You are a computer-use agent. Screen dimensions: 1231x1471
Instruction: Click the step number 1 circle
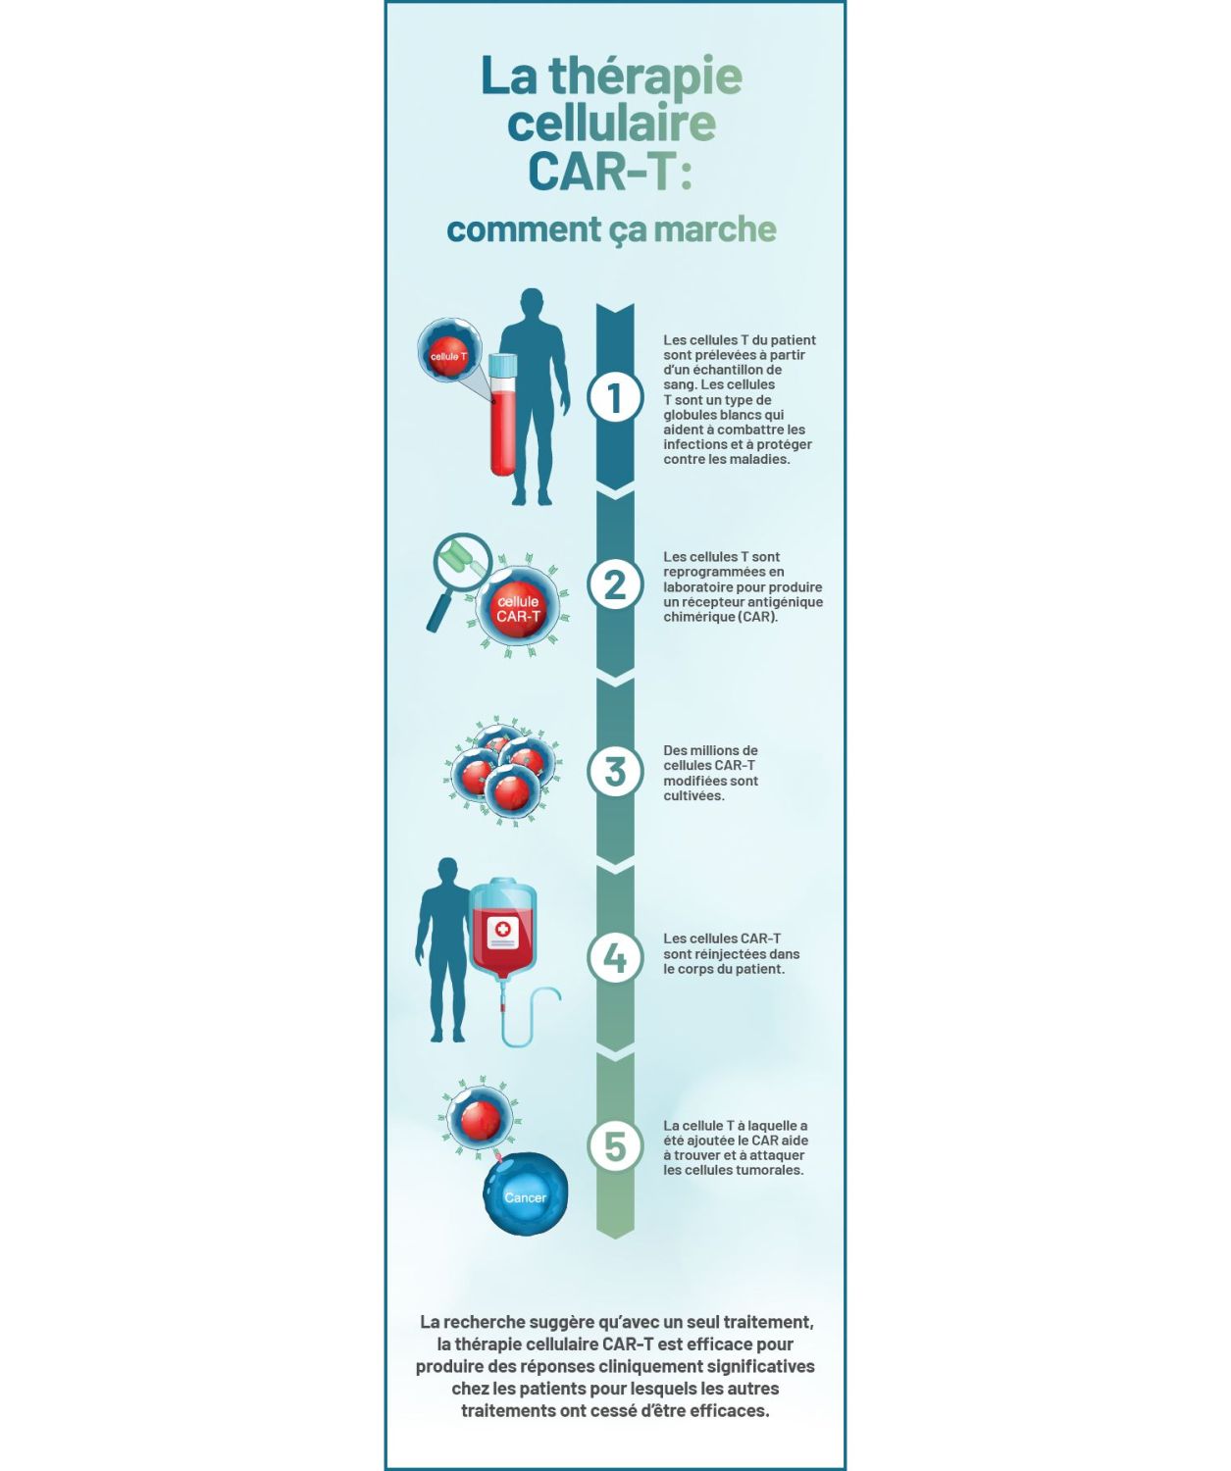coord(614,397)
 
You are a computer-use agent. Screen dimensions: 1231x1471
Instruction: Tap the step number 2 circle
coord(614,584)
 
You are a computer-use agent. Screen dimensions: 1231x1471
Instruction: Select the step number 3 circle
coord(614,772)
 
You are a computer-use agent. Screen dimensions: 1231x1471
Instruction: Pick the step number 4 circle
coord(614,958)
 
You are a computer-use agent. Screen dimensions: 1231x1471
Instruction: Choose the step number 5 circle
coord(614,1146)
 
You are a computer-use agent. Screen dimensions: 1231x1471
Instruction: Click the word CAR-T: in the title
coord(610,172)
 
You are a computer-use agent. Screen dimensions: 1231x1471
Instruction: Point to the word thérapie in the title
coord(644,77)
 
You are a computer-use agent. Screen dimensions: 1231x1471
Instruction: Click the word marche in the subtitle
coord(714,228)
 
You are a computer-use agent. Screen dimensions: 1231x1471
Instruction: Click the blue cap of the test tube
coord(503,364)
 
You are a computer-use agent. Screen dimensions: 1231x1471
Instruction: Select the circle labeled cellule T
coord(449,351)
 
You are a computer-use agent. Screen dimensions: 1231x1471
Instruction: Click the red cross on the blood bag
coord(502,930)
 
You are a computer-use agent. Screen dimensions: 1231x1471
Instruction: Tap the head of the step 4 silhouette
coord(446,873)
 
